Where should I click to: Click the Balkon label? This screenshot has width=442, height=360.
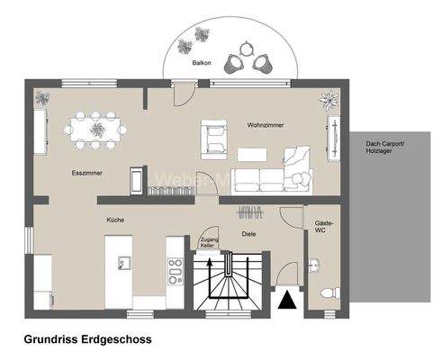point(202,64)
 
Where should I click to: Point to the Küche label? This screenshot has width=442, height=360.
point(114,220)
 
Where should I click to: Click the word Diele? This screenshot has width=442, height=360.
point(249,234)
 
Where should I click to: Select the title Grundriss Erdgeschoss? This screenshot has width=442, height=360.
point(86,340)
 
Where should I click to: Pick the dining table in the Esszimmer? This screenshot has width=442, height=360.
point(95,127)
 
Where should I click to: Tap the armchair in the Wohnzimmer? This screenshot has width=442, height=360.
point(216,137)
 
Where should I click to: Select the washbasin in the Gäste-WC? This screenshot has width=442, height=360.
point(312,265)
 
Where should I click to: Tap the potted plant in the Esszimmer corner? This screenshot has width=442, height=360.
point(42,97)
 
